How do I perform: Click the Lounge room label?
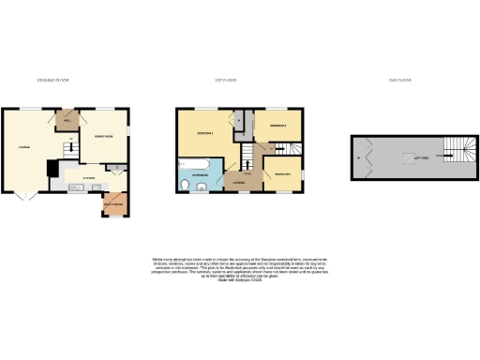coord(21,145)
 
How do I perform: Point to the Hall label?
coord(67,121)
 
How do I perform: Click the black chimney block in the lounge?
coord(52,168)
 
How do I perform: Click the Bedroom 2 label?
coord(276,126)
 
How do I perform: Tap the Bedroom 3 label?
coord(282,174)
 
